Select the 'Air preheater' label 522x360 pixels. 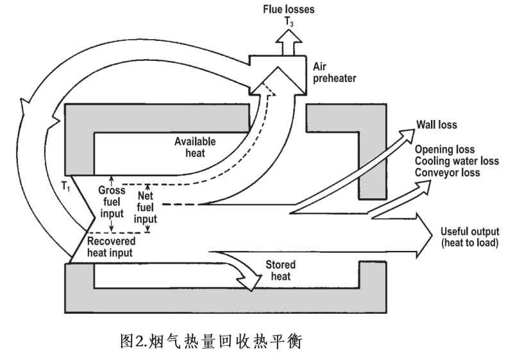[334, 72]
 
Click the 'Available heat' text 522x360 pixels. [196, 146]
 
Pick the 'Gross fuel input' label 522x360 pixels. [112, 201]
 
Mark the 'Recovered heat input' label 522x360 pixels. [111, 247]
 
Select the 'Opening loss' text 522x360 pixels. [444, 150]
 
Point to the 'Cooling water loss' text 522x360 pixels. [456, 161]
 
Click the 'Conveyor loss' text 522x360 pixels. [447, 173]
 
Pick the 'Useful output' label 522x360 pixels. [469, 232]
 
